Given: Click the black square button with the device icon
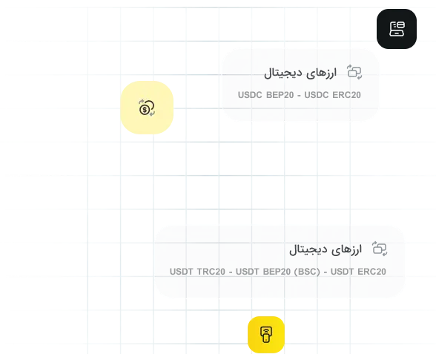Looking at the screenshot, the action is coord(397,29).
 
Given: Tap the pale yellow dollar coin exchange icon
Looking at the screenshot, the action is coord(147,108).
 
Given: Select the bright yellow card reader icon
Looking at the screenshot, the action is coord(266,335).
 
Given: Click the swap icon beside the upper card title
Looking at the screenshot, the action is coord(354,72).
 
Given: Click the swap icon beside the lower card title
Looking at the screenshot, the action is coord(380,249).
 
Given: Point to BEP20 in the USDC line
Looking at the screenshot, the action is coord(280,95).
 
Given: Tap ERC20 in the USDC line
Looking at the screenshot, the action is coord(346,95).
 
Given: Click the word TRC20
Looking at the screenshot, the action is coord(211,272).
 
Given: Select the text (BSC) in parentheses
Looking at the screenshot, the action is coord(307,272).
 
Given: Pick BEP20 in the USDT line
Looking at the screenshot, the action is coord(277,272).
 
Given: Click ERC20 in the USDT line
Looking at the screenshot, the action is coord(371,272).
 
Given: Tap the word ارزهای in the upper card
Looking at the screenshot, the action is coord(322,73).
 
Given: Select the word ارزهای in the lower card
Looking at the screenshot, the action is coord(347,249).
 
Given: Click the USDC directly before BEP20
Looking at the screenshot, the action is coord(250,95).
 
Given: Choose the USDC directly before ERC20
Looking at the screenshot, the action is coord(317,95).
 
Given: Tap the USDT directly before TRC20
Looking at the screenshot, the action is coord(181,272).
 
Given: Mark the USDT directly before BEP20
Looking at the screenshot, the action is coord(248,272).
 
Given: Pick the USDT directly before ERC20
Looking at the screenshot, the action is coord(343,272).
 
